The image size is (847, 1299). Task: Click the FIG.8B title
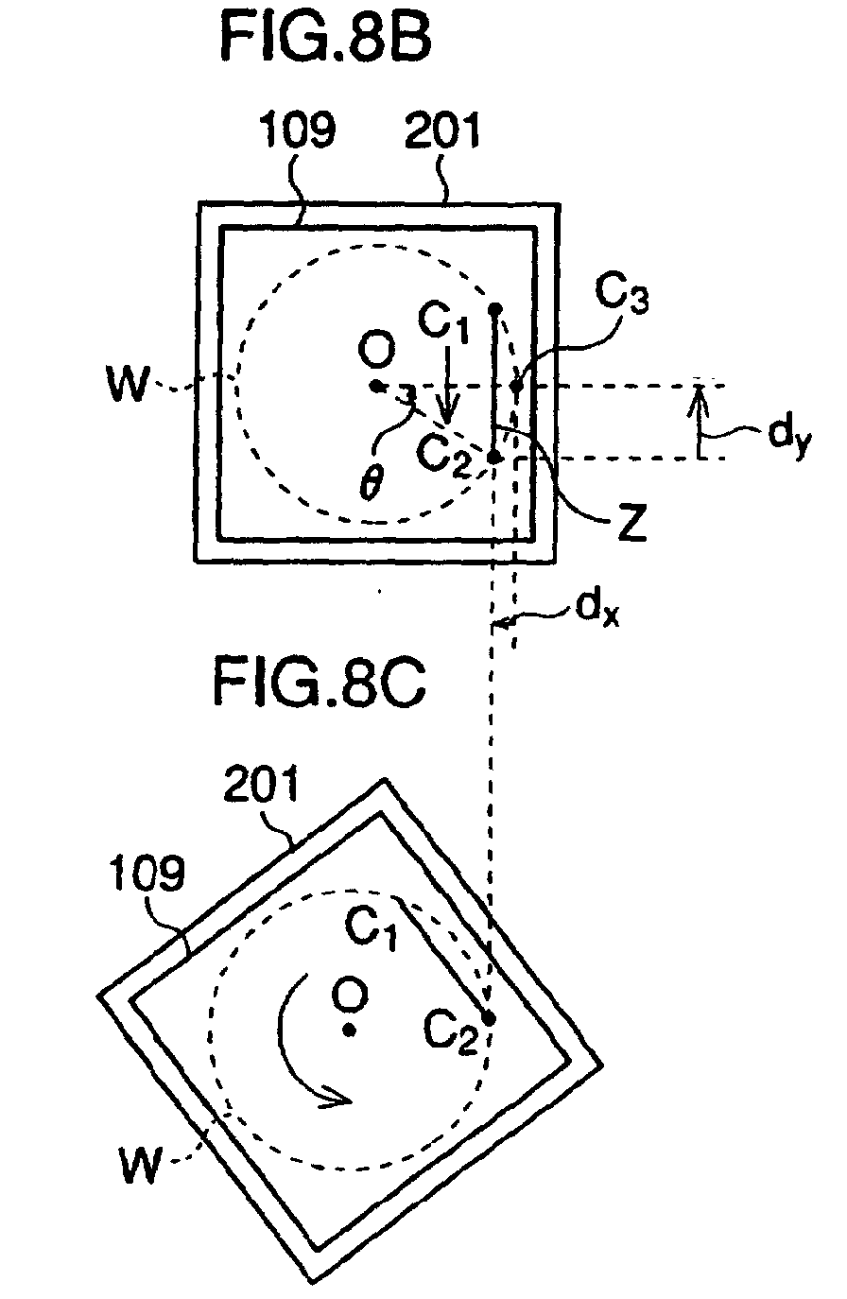[x=326, y=40]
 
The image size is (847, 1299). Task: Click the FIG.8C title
[x=319, y=682]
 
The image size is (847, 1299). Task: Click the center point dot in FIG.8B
[x=376, y=386]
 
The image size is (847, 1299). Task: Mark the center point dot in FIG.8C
[x=349, y=1029]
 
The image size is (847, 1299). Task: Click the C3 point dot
[x=516, y=386]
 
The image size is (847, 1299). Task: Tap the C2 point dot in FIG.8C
[x=489, y=1017]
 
